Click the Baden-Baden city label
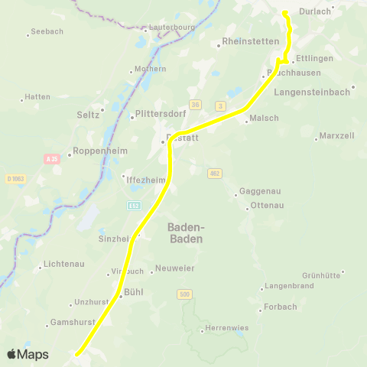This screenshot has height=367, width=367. click(186, 232)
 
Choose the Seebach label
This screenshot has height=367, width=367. click(47, 33)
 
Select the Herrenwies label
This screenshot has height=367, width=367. click(226, 330)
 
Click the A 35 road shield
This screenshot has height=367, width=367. click(52, 159)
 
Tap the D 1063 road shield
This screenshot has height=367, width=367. click(15, 179)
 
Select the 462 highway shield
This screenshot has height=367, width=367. click(215, 174)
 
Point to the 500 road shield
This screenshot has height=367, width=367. click(183, 294)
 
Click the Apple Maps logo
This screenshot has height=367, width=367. click(28, 354)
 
